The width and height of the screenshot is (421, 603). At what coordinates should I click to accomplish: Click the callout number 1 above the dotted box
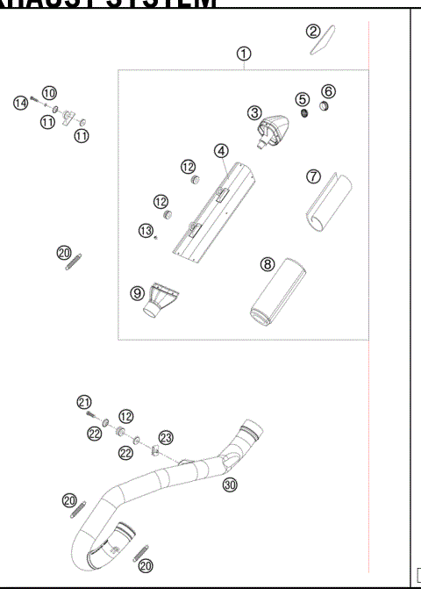coord(243,54)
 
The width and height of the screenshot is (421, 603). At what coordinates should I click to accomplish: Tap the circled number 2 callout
coord(313,32)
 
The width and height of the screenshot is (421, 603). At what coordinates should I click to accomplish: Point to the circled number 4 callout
coord(222,150)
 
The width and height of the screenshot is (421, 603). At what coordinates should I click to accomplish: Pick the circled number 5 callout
coord(302,99)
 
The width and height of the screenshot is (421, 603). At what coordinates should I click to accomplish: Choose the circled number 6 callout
coord(328,90)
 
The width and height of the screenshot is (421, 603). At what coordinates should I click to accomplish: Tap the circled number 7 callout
coord(312,176)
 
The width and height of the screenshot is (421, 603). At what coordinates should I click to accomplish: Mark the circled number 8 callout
coord(268,262)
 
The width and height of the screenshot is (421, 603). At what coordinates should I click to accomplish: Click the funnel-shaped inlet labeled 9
coord(159,303)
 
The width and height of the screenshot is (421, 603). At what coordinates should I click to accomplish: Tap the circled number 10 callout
coord(49,92)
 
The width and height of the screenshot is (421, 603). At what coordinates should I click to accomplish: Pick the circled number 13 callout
coord(146,230)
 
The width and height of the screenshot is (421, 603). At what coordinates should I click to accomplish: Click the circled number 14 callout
coord(20,104)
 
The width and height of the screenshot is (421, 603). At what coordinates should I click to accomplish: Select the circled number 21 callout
coord(83,402)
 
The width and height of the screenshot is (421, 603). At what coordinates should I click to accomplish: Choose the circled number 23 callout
coord(167,437)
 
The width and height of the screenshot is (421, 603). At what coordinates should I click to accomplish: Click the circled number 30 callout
coord(230,484)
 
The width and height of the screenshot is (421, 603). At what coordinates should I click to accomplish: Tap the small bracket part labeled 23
coord(153,453)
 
